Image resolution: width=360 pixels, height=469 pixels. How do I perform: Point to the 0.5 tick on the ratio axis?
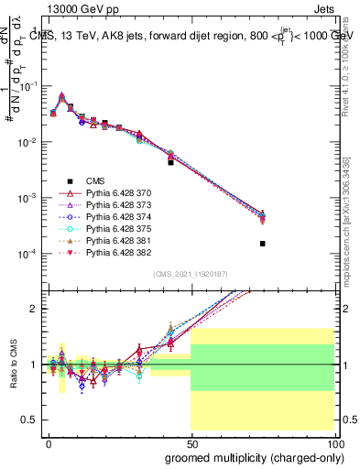click(31, 420)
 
